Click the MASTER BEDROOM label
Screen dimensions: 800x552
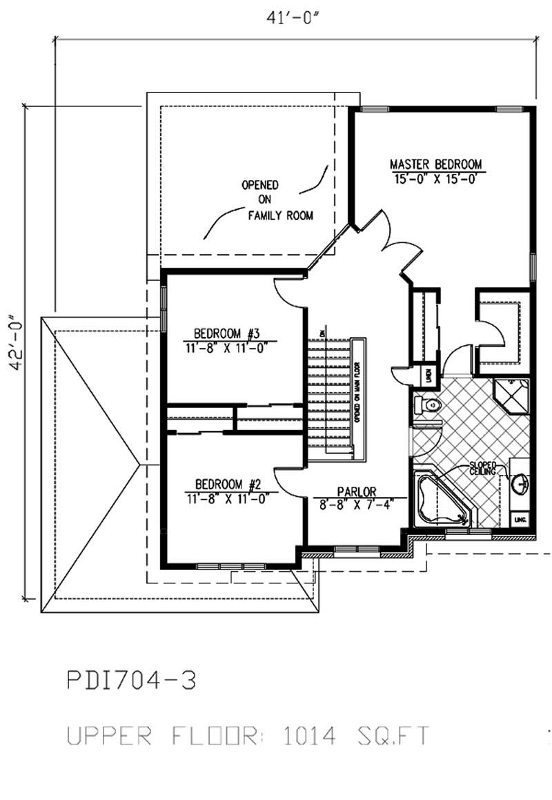435,164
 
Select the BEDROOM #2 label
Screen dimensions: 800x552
226,483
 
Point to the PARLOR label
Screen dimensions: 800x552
356,491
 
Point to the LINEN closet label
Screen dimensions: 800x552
428,375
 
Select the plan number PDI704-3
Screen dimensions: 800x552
131,681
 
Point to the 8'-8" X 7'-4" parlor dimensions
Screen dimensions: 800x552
356,503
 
